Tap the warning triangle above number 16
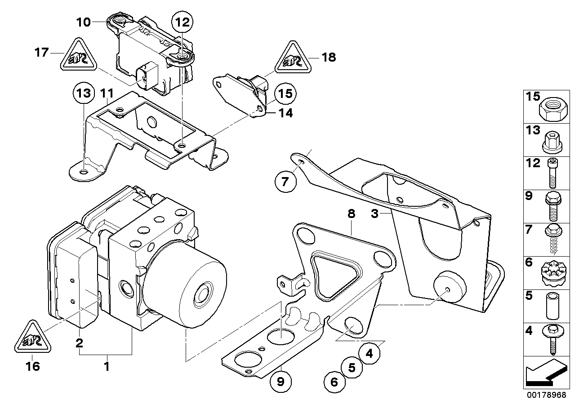point(33,337)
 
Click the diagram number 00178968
point(547,395)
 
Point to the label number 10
point(83,22)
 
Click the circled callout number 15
point(285,94)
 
